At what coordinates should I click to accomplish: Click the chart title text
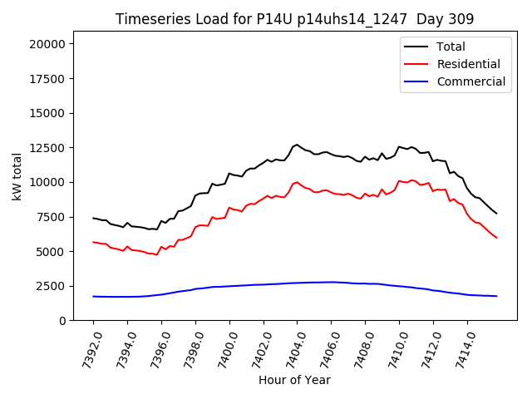[x=295, y=19]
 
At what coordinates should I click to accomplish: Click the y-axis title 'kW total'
[x=17, y=181]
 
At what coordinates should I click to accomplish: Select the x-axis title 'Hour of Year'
[x=294, y=380]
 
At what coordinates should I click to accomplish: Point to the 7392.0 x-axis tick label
[x=86, y=349]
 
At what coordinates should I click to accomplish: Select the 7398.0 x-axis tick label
[x=189, y=349]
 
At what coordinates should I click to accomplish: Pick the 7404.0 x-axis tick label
[x=290, y=349]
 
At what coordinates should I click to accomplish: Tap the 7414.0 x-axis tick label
[x=460, y=349]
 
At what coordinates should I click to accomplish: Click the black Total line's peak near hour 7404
[x=297, y=144]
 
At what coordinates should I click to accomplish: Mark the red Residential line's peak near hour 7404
[x=297, y=181]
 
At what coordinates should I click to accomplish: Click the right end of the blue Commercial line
[x=496, y=296]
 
